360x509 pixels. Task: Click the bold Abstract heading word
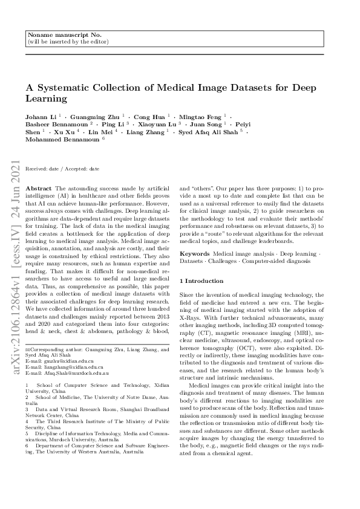(40, 189)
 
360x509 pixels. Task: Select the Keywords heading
(195, 254)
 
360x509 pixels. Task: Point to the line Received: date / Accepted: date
(62, 170)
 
